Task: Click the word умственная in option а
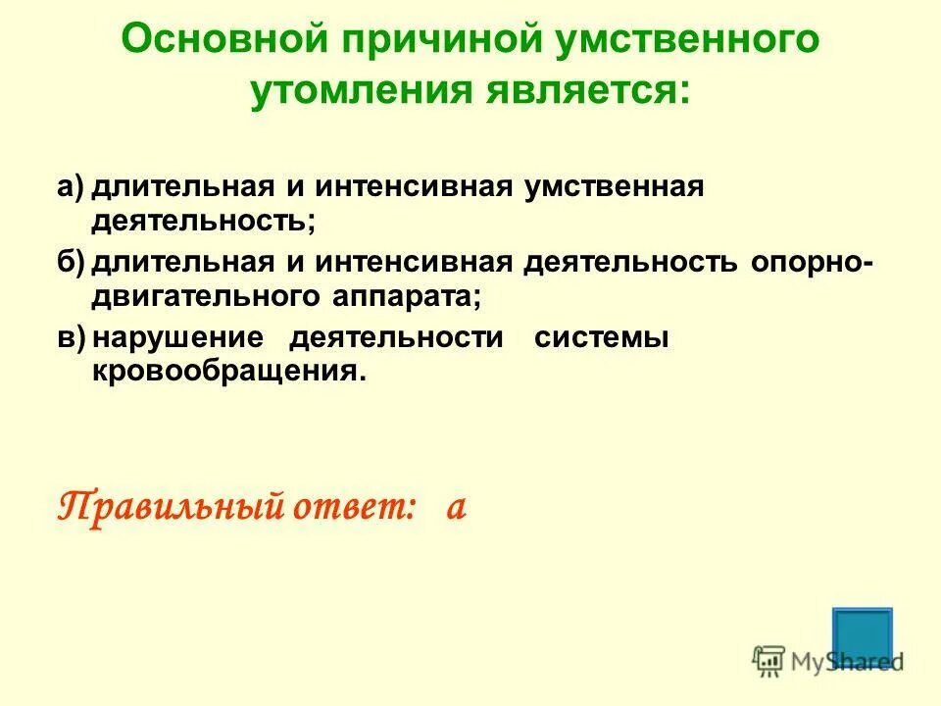(615, 186)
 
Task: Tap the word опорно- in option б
(811, 262)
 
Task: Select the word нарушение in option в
(179, 338)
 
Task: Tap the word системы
(602, 338)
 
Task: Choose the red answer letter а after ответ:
(455, 507)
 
